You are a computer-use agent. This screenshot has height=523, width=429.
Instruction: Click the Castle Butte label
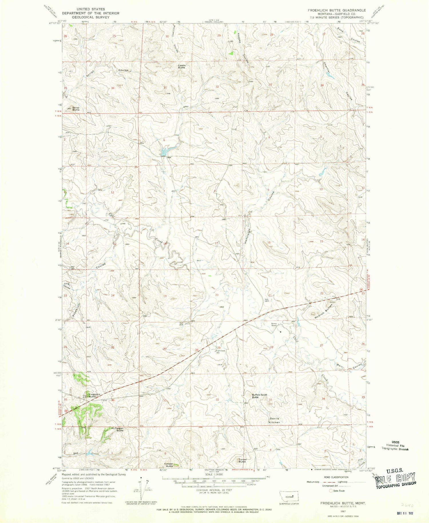point(182,66)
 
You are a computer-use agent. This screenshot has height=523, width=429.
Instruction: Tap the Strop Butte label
point(76,108)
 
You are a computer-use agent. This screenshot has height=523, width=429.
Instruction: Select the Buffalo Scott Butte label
point(259,396)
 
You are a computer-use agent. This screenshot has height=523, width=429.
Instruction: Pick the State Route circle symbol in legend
point(331,491)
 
